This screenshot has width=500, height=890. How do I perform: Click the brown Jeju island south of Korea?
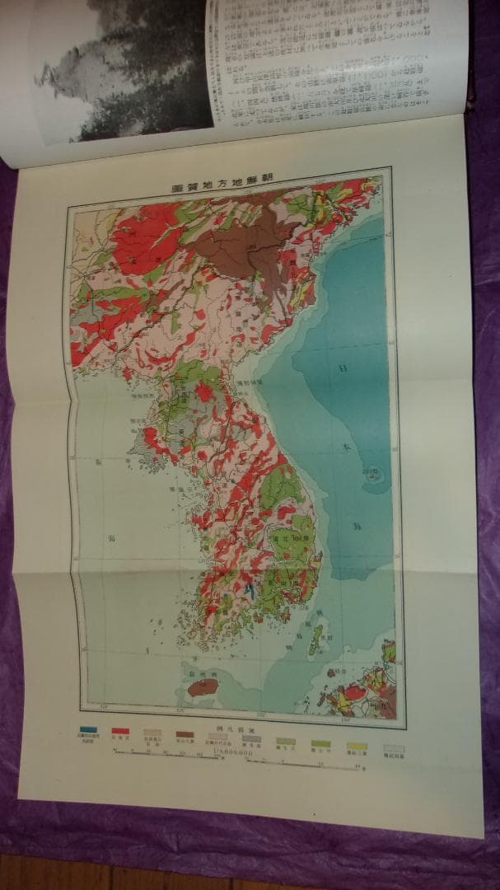203,686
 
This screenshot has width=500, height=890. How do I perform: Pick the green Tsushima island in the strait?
315,639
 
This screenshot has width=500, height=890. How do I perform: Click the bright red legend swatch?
120,731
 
